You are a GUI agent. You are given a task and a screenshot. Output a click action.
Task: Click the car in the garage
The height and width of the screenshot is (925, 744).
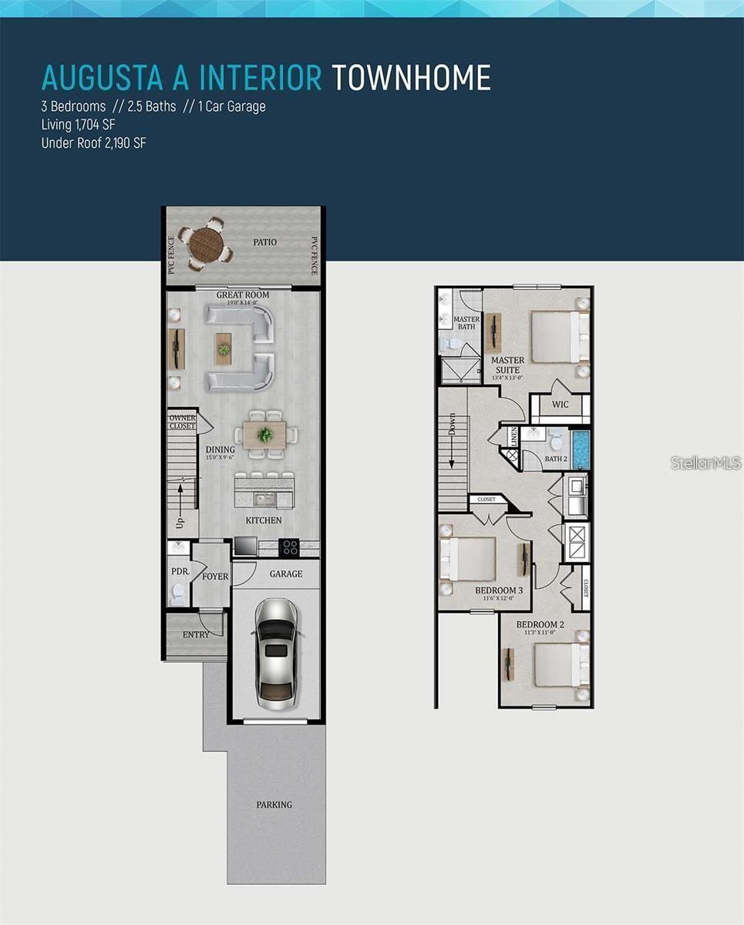point(275,654)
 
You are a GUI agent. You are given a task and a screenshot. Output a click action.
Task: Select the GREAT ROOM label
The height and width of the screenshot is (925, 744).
point(242,294)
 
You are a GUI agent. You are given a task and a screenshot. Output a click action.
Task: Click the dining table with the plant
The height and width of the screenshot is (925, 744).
point(264,434)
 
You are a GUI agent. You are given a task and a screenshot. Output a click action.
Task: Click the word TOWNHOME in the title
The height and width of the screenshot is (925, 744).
point(411,78)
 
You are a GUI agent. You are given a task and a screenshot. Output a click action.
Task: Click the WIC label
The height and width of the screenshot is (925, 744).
point(560,405)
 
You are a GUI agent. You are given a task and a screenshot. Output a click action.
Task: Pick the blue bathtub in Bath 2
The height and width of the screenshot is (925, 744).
point(581,449)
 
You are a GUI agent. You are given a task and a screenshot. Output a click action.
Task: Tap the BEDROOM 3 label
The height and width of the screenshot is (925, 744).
point(499,590)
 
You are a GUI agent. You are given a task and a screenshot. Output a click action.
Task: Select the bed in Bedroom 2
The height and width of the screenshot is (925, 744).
point(561,664)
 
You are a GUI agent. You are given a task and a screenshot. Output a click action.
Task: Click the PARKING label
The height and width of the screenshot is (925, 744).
point(274,805)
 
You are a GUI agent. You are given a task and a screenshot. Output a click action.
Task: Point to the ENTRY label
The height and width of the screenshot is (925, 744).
point(196,634)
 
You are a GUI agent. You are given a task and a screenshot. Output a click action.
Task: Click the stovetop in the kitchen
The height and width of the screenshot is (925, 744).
point(290,547)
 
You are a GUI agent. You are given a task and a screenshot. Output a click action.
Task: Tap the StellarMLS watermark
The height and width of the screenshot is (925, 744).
point(705,462)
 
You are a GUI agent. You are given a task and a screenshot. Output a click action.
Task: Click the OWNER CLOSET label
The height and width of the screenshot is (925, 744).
point(182,422)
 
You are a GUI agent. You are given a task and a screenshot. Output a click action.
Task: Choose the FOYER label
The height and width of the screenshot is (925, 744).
point(215,577)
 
